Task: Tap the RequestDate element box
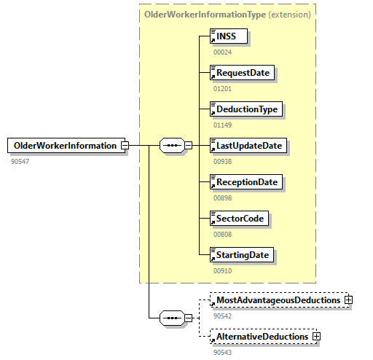point(243,72)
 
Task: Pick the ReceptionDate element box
point(246,182)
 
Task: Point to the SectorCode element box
point(238,219)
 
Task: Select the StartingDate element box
point(242,255)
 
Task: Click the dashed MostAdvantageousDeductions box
point(277,300)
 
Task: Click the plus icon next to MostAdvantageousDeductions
point(349,300)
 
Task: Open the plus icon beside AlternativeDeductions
point(316,336)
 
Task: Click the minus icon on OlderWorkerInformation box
point(125,145)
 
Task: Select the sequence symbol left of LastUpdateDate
point(171,145)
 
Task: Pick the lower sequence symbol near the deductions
point(171,318)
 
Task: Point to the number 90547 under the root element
point(20,160)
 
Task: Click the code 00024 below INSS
point(222,52)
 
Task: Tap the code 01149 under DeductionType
point(222,125)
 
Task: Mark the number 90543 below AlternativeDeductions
point(222,352)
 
